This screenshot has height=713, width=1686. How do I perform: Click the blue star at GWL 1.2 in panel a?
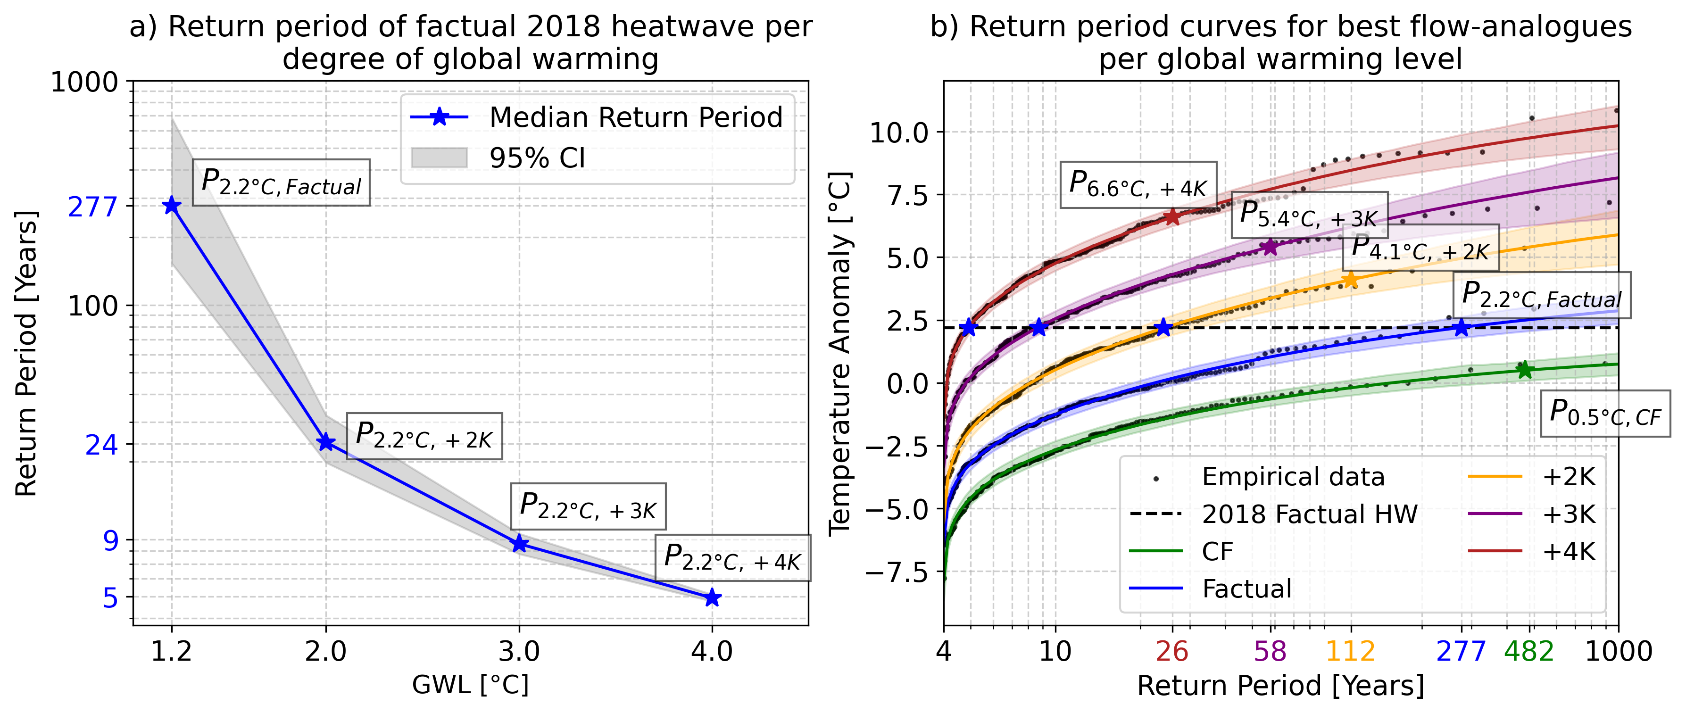coord(172,206)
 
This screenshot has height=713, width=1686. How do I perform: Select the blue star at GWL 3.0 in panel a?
coord(519,543)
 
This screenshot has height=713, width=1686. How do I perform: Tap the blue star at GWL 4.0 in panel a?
coord(712,598)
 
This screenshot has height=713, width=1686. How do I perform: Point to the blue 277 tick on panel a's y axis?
coord(93,207)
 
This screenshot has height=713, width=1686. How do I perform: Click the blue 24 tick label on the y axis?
coord(101,445)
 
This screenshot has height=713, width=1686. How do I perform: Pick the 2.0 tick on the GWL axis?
coord(325,651)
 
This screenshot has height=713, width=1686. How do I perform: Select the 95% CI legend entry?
coord(537,158)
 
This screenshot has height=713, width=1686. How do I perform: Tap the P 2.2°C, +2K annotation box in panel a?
coord(424,436)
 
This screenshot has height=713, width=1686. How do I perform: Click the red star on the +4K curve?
coord(1171,217)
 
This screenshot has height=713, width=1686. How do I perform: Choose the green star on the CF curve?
coord(1524,370)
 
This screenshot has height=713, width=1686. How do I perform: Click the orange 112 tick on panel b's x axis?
coord(1350,651)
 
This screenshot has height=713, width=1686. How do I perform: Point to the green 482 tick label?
coord(1528,651)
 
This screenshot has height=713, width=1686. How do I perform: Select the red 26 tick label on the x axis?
coord(1171,651)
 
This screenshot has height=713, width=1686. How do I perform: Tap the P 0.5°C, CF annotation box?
coord(1605,414)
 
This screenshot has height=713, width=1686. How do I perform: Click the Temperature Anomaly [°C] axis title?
coord(840,354)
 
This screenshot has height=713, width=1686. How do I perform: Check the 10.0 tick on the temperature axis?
coord(898,133)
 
